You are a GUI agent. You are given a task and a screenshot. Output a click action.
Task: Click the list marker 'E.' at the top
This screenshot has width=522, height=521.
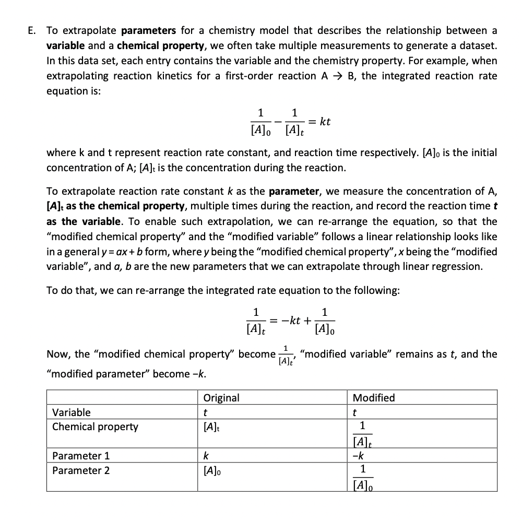[x=32, y=31]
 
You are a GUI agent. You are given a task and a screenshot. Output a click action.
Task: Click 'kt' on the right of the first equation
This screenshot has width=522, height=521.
[x=325, y=122]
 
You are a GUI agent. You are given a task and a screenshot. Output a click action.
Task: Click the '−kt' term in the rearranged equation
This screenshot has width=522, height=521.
[x=292, y=320]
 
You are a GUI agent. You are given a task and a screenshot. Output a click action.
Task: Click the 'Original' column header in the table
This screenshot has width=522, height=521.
[x=221, y=398]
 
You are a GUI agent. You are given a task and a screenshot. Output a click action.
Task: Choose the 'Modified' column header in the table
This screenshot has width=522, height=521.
[x=374, y=398]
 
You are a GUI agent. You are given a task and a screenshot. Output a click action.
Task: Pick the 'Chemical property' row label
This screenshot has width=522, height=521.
[x=95, y=427]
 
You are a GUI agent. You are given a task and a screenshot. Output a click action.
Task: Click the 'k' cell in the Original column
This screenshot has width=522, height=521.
[x=206, y=456]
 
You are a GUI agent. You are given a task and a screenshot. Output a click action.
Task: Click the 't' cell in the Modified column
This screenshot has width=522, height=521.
[x=355, y=412]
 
